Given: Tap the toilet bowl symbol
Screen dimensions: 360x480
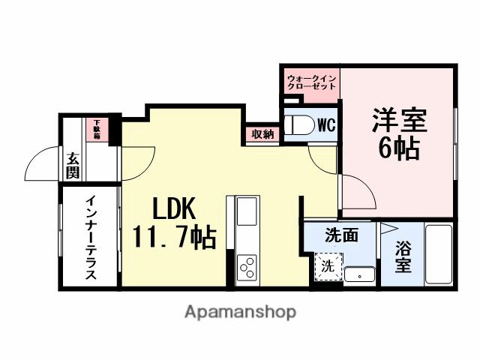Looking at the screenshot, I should point(299,125).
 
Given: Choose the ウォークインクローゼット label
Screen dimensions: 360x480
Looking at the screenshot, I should point(310,82).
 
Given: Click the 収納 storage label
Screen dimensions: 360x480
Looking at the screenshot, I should point(262,135).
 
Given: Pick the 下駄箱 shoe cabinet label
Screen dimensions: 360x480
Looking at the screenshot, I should point(97,130).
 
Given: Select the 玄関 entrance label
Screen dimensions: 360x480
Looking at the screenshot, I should point(73,166).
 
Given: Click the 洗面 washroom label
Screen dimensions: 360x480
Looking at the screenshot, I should point(341,235).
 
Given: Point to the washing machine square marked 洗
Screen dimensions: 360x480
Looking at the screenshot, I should point(328,265).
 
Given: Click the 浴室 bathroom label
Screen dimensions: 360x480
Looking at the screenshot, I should point(403,255).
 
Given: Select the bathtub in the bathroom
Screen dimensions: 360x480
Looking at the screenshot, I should point(439,253).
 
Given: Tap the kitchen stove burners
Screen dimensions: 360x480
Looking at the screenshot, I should point(247,266).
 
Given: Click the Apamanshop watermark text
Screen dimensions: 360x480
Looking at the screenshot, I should point(240,311).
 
